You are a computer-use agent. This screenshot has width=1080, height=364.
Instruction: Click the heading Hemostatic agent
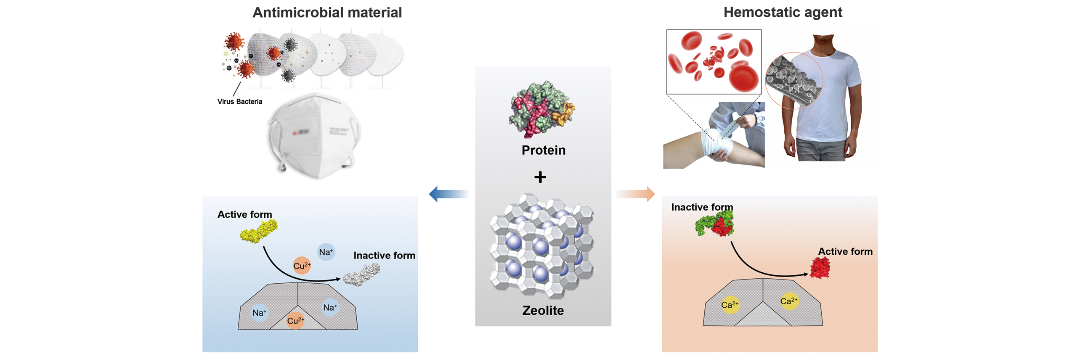[x=782, y=13]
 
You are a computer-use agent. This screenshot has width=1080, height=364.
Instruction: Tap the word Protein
[x=543, y=150]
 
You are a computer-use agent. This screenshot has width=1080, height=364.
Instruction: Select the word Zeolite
[x=542, y=310]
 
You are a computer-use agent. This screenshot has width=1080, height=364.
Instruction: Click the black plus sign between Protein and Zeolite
[x=540, y=177]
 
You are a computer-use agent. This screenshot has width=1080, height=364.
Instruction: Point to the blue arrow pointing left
[x=448, y=194]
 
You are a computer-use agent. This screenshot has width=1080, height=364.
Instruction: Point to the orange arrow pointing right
[x=635, y=194]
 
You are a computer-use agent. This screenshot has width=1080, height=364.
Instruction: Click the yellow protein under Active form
[x=258, y=232]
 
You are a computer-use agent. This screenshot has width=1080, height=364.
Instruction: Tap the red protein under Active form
[x=820, y=268]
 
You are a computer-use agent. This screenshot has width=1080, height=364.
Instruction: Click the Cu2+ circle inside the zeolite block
[x=295, y=321]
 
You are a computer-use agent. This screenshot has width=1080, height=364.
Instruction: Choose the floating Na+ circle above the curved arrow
[x=326, y=252]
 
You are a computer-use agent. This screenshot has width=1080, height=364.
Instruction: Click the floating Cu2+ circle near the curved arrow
[x=302, y=266]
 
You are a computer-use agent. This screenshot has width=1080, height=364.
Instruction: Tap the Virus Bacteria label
[x=239, y=102]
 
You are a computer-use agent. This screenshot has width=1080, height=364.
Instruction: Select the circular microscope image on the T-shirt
[x=793, y=80]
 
